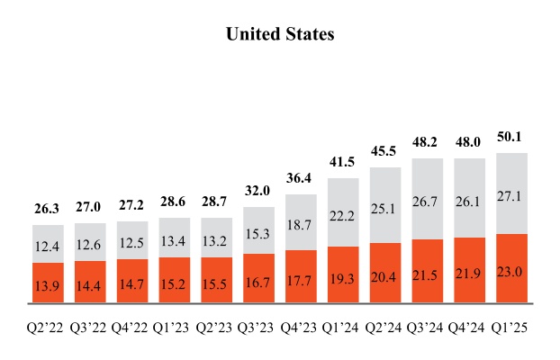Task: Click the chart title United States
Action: click(280, 34)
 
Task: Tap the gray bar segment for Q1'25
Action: click(511, 193)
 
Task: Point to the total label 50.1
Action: click(511, 138)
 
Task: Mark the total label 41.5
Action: click(343, 162)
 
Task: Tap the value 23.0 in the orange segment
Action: click(511, 267)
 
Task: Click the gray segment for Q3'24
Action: click(428, 200)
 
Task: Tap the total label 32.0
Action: click(258, 191)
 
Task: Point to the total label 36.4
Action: click(301, 178)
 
